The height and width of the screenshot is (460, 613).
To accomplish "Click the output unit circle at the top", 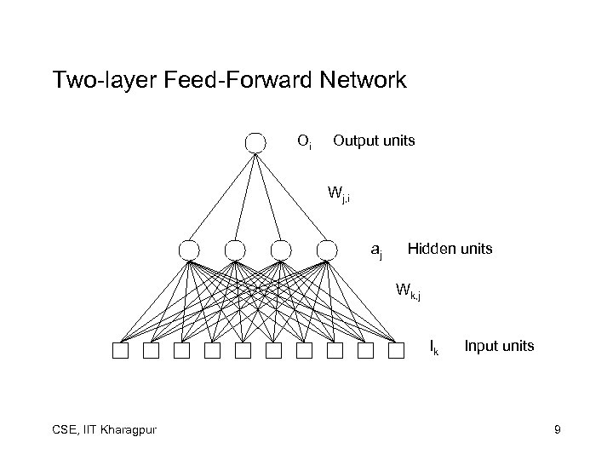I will click(x=255, y=142).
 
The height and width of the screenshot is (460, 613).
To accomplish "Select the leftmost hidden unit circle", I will click(x=189, y=250).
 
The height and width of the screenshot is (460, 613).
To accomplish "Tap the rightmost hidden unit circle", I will click(x=326, y=250).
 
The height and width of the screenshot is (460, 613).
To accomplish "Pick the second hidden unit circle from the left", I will click(x=235, y=250).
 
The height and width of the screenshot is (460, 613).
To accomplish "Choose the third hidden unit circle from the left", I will click(x=280, y=250).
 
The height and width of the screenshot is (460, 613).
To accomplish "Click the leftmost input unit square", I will click(x=120, y=350).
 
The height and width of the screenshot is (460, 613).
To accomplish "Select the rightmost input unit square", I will click(x=396, y=350).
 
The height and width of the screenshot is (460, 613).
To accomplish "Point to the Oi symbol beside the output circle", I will click(x=304, y=141).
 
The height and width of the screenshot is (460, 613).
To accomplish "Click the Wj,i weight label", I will click(x=340, y=193).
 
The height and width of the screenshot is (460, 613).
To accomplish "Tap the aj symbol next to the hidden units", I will click(x=376, y=250).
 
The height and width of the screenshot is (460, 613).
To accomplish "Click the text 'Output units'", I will click(x=374, y=140).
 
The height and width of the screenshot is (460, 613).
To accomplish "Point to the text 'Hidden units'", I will click(x=450, y=249).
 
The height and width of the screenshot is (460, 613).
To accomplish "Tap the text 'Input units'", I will click(x=499, y=345).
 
